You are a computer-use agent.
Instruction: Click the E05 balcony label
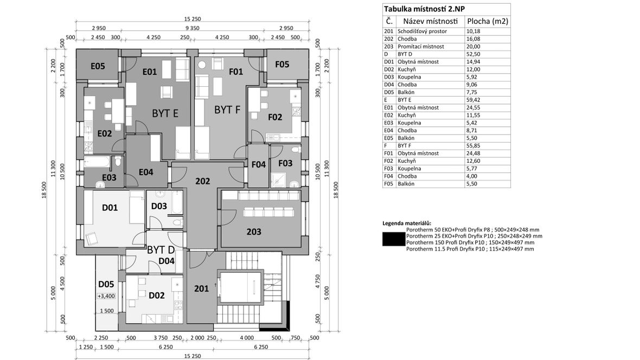(98, 66)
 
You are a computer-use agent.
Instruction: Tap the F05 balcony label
(282, 65)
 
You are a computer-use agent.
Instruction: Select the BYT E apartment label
(165, 113)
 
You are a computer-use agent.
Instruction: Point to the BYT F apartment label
(227, 110)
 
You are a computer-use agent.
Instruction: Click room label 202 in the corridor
(202, 181)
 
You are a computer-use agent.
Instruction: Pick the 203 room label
(254, 232)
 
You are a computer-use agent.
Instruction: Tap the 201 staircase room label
(201, 288)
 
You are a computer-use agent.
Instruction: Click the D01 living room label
(110, 207)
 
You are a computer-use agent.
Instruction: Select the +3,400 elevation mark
(106, 296)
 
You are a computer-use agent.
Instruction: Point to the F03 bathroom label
(285, 163)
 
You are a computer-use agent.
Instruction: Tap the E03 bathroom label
(109, 177)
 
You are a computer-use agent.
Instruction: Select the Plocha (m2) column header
(487, 21)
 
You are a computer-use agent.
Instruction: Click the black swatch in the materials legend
(393, 239)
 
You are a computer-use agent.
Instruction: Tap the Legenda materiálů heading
(407, 223)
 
